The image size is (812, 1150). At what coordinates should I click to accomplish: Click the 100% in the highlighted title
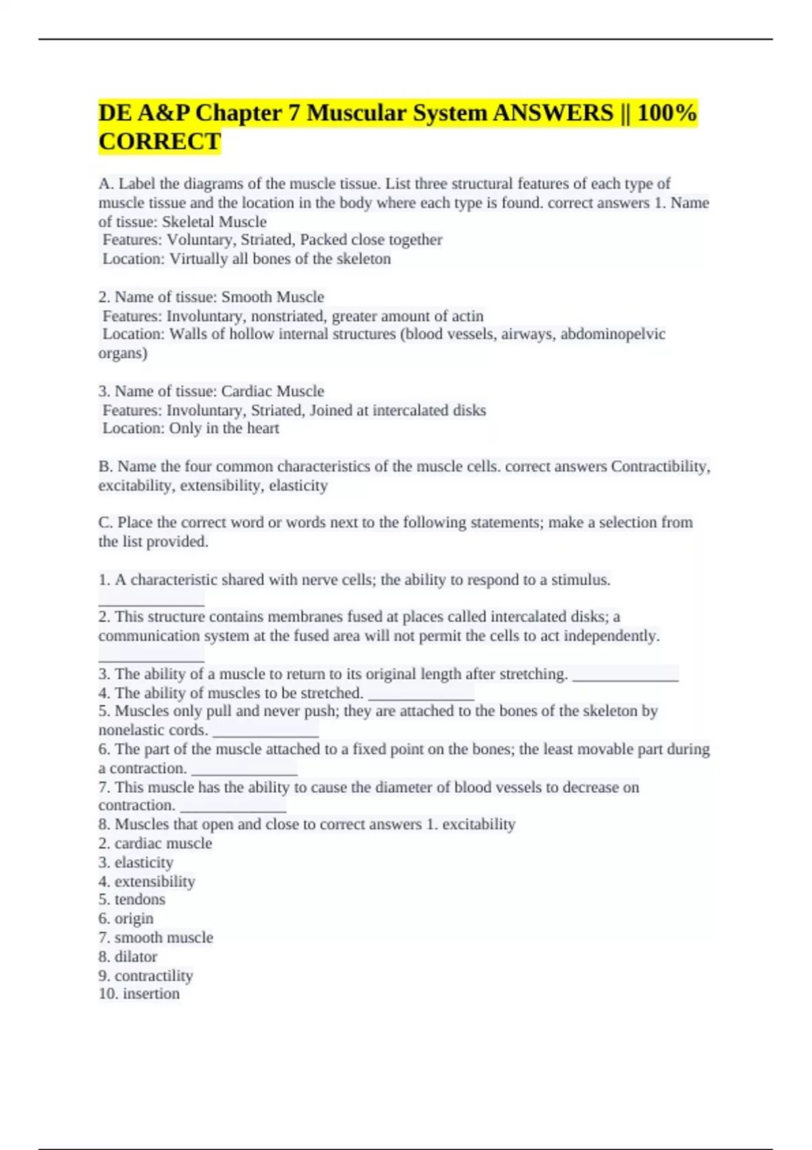tap(667, 112)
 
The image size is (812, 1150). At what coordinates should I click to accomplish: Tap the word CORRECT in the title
tap(160, 141)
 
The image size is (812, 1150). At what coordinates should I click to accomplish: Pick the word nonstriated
tap(289, 316)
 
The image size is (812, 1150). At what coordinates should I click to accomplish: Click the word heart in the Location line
tap(263, 428)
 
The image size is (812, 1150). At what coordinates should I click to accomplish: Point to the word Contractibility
tap(660, 467)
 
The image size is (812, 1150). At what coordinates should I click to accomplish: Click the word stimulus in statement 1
tap(580, 580)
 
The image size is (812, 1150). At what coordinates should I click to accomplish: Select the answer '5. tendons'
tap(132, 900)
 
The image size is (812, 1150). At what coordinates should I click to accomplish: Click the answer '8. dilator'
tap(128, 957)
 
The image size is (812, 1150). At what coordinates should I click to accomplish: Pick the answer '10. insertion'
tap(139, 994)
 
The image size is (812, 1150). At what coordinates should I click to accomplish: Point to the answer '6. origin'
tap(126, 919)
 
